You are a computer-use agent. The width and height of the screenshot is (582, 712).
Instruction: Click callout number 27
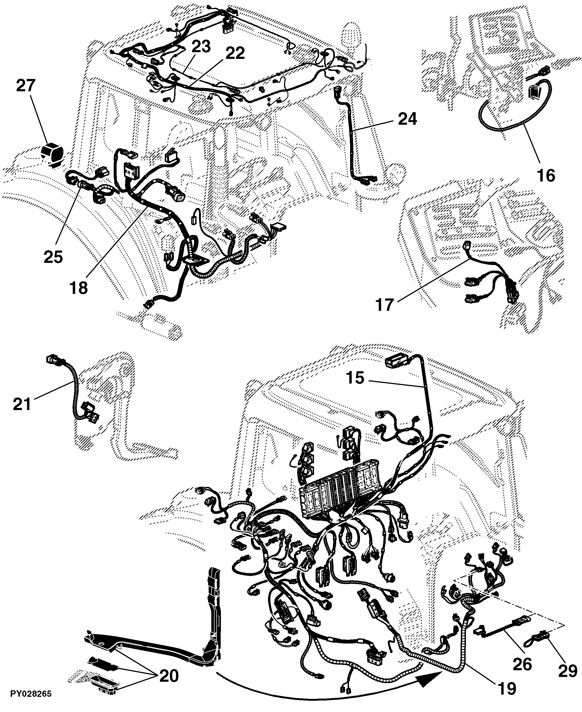pyautogui.click(x=26, y=86)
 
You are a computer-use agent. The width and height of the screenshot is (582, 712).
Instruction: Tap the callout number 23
pyautogui.click(x=201, y=47)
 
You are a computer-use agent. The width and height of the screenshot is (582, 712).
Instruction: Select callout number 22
pyautogui.click(x=235, y=53)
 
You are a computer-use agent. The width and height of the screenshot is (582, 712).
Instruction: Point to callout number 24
pyautogui.click(x=407, y=119)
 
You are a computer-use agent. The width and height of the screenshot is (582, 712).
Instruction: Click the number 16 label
pyautogui.click(x=545, y=175)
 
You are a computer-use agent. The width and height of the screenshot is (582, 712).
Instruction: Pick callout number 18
pyautogui.click(x=79, y=287)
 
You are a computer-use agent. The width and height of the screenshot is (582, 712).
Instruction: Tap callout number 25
pyautogui.click(x=53, y=257)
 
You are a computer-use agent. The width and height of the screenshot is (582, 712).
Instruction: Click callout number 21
pyautogui.click(x=22, y=404)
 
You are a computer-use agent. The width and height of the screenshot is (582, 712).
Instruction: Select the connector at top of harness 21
pyautogui.click(x=54, y=360)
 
